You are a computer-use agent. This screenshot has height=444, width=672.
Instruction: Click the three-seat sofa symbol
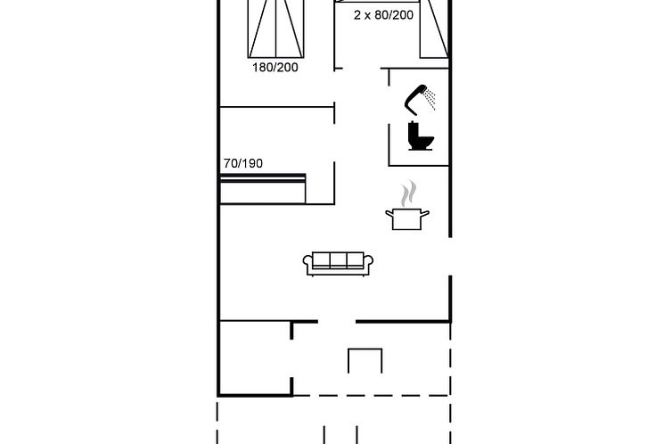339,263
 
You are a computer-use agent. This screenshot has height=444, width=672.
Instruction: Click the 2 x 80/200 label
383,15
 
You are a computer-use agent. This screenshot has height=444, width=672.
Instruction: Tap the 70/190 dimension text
242,163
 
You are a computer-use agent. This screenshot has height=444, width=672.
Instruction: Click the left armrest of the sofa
308,264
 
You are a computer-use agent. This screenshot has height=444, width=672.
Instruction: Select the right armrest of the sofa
369,264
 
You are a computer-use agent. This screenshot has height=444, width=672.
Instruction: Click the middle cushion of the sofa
339,261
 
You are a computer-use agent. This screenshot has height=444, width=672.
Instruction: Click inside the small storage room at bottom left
256,357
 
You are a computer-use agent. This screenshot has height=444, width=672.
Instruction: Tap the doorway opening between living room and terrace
337,321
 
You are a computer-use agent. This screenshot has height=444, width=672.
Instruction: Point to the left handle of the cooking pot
389,212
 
